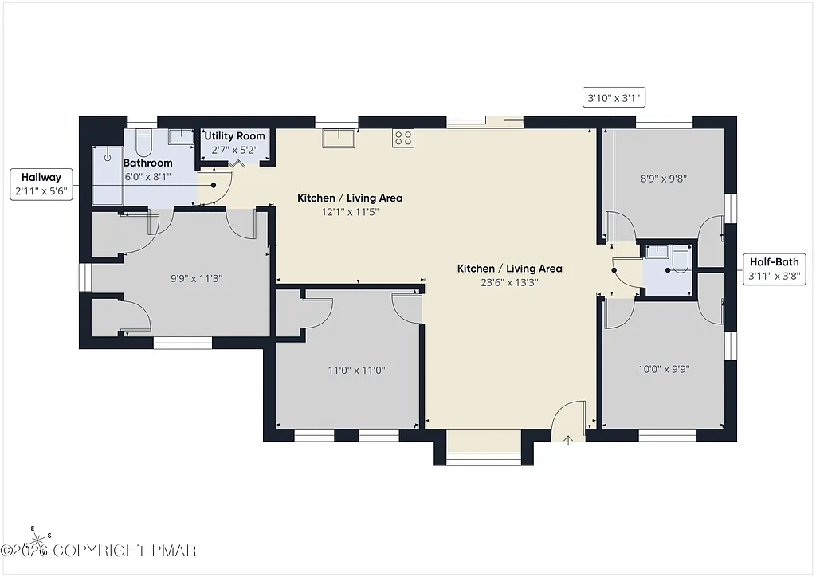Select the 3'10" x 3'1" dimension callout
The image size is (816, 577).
tap(614, 99)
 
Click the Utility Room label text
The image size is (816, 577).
tap(234, 136)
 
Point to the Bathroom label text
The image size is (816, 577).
tap(147, 163)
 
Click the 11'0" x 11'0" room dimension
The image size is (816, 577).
tap(356, 370)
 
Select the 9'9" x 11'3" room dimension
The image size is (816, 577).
tap(196, 279)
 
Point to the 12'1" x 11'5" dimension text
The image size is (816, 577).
tap(350, 212)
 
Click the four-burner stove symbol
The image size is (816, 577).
tap(403, 138)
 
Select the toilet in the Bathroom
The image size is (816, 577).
tap(144, 143)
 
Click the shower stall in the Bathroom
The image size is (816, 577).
tap(108, 175)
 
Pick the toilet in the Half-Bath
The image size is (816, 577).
tap(679, 258)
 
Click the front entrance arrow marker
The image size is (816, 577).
tap(568, 439)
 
